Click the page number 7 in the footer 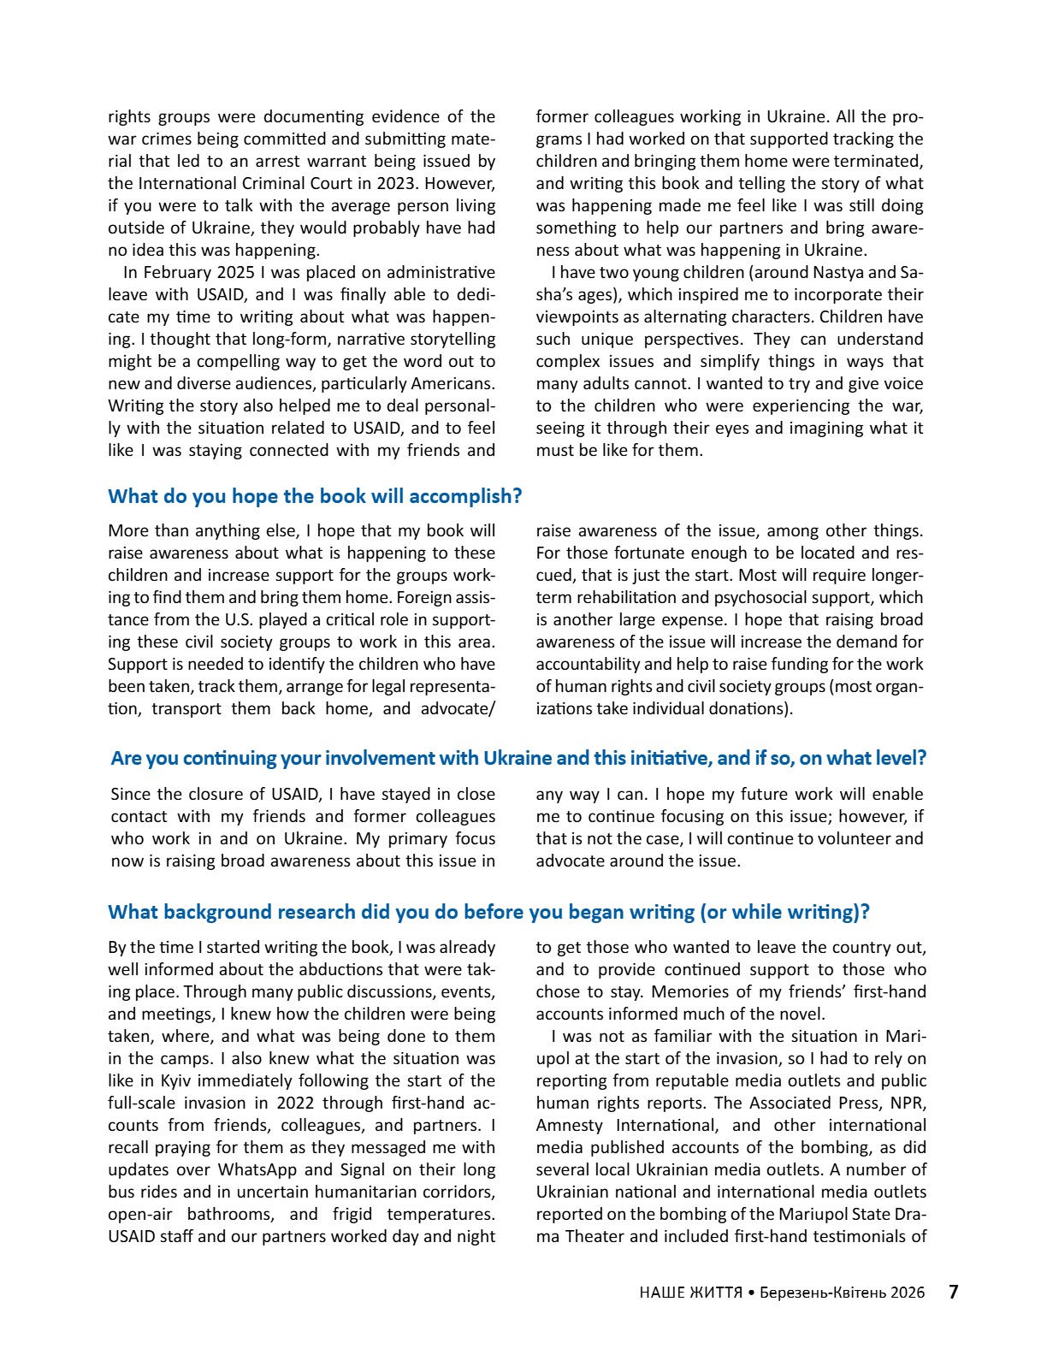pyautogui.click(x=953, y=1292)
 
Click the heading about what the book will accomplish pyautogui.click(x=315, y=496)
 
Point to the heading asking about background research pyautogui.click(x=488, y=912)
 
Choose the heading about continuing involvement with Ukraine pyautogui.click(x=518, y=758)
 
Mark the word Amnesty pyautogui.click(x=569, y=1125)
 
